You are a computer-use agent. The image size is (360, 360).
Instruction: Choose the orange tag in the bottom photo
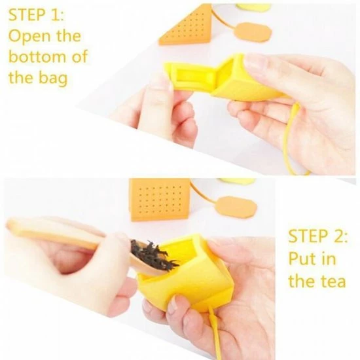(x=234, y=207)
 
